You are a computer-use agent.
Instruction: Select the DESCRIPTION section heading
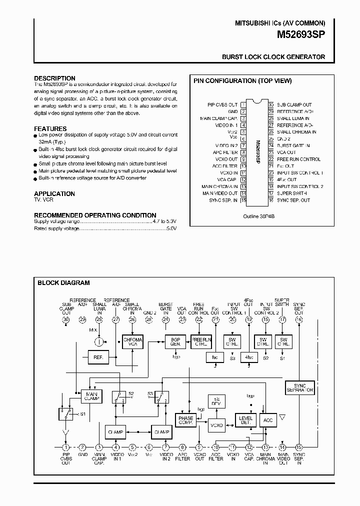tap(54, 78)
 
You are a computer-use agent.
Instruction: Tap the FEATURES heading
tap(50, 128)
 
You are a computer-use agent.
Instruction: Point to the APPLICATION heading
tap(54, 193)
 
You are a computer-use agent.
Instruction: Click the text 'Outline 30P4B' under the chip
tap(259, 216)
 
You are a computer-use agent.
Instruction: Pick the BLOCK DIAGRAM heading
tap(63, 283)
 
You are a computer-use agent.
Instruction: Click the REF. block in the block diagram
tap(97, 357)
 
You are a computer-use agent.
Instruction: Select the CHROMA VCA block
tap(132, 342)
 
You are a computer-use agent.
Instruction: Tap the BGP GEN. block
tap(175, 342)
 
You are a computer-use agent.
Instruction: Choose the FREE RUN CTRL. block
tap(199, 342)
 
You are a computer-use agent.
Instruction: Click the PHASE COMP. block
tap(185, 420)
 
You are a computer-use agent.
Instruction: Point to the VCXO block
tap(216, 425)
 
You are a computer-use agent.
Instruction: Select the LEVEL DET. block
tap(245, 420)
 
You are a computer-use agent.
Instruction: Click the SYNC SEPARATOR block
tap(300, 387)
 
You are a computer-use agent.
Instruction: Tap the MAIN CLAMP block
tap(91, 397)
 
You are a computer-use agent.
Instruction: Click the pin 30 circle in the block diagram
tap(65, 319)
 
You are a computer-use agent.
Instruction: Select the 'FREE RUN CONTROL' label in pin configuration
tap(298, 159)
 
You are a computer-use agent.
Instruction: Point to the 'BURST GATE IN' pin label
tap(293, 145)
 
